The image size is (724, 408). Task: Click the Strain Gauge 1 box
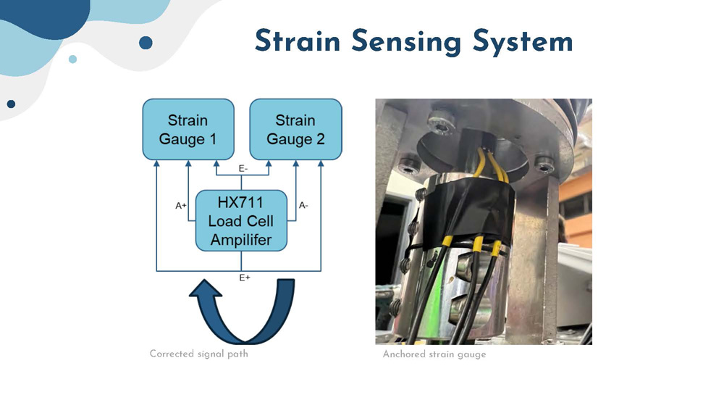click(x=188, y=129)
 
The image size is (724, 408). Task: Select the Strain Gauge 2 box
click(x=295, y=129)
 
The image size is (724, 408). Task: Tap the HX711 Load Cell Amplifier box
click(x=242, y=220)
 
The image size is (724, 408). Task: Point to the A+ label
click(x=181, y=205)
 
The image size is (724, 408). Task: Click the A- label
click(x=303, y=205)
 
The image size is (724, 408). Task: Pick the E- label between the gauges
click(x=243, y=168)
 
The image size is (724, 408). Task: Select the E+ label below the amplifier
click(x=244, y=277)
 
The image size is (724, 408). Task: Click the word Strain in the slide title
click(x=298, y=42)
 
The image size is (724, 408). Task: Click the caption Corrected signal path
click(x=198, y=354)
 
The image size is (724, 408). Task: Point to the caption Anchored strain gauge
click(x=434, y=354)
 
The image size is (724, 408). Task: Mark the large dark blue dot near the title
click(x=146, y=43)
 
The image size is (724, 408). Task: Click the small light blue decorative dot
click(x=72, y=59)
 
